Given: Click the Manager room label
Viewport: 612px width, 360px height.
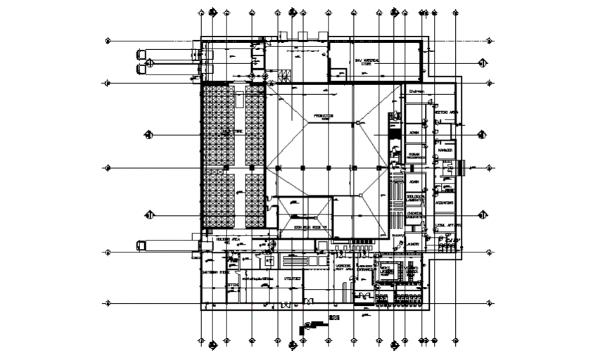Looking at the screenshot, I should tap(444, 150).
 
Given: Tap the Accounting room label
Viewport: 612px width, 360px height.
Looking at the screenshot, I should tap(444, 202).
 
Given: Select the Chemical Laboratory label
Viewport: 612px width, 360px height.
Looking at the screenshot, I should tap(416, 215).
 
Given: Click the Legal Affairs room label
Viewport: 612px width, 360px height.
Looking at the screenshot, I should tap(447, 225).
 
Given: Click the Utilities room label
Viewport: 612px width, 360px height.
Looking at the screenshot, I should tap(293, 278).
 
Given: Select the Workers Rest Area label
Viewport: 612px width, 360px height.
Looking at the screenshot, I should tap(343, 268).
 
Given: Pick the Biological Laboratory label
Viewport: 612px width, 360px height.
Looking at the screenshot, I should tap(416, 198).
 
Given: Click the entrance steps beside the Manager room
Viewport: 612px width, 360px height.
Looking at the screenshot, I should tap(461, 167).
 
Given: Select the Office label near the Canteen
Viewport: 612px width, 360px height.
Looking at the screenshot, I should tap(231, 285).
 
